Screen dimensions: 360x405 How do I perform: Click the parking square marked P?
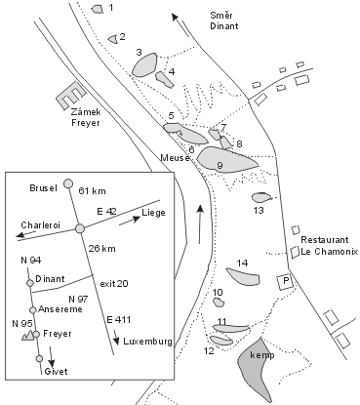tap(286, 281)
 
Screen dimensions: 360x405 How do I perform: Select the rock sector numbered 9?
tap(225, 159)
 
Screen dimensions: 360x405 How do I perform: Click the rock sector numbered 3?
tap(144, 65)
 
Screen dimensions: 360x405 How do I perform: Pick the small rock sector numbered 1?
tap(97, 9)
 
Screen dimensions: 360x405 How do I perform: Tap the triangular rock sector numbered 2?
tap(113, 39)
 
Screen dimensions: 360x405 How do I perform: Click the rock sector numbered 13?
tap(261, 197)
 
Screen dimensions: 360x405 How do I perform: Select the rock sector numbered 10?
tap(219, 303)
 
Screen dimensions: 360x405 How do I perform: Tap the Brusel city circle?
tap(68, 183)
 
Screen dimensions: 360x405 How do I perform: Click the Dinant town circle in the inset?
tap(30, 283)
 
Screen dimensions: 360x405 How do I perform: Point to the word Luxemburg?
tap(147, 342)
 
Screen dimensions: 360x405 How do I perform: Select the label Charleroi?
tap(41, 225)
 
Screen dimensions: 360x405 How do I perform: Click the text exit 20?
tap(114, 284)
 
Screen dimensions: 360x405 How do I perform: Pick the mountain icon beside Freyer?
tap(27, 335)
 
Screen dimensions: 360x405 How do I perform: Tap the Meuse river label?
tap(176, 158)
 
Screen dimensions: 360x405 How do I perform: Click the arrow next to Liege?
tap(130, 221)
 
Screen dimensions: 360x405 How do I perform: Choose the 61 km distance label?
tap(93, 191)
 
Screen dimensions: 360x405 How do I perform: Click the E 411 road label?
tap(119, 320)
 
